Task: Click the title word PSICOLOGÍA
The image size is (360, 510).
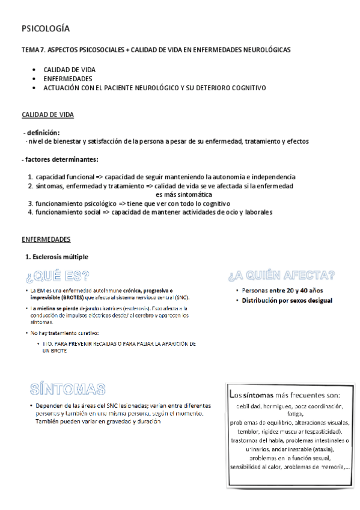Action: (x=45, y=28)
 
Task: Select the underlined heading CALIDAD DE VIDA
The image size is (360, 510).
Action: (x=48, y=114)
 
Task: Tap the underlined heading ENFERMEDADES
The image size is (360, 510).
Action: (x=46, y=239)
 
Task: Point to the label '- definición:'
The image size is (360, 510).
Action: (x=41, y=132)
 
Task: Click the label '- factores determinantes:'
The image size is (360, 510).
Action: (x=59, y=159)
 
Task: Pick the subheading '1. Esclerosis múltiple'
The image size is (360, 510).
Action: (x=56, y=257)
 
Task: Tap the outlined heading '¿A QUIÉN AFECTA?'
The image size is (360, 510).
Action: (x=281, y=276)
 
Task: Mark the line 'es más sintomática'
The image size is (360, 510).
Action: (x=183, y=195)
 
